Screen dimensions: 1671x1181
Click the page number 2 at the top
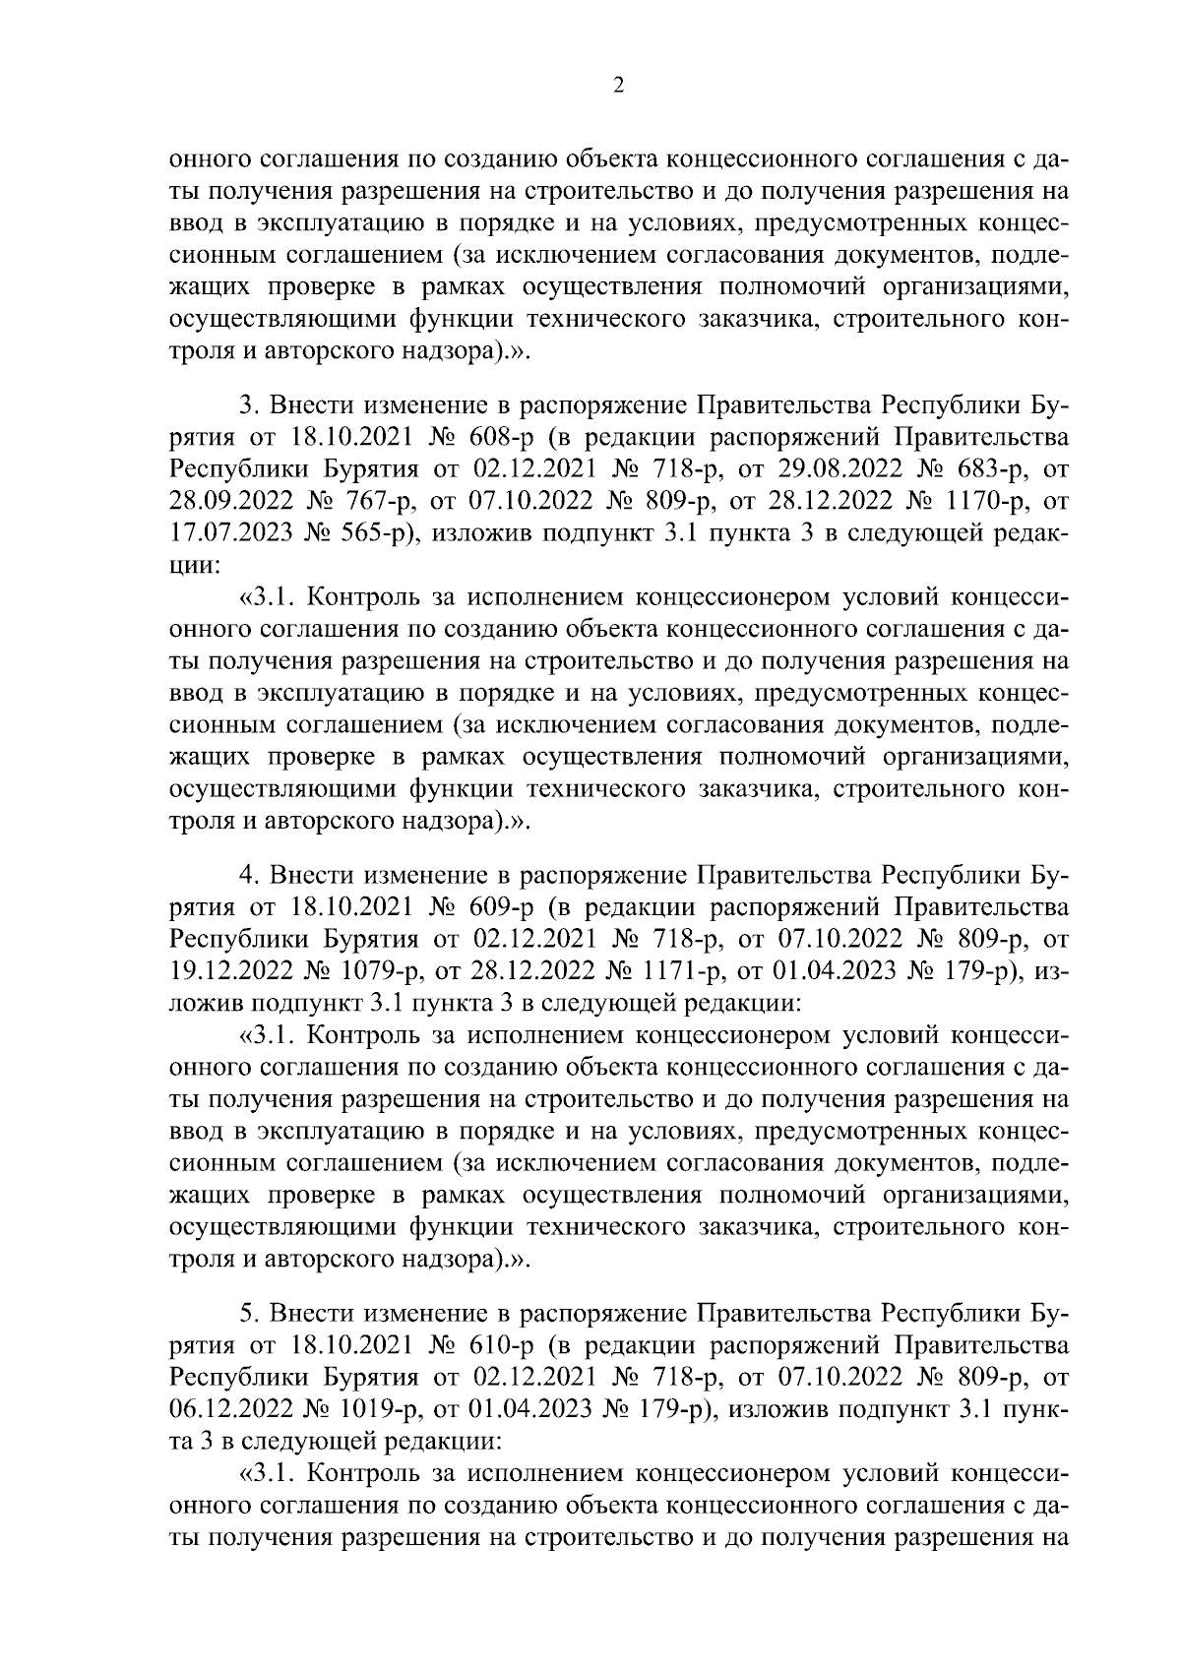[618, 86]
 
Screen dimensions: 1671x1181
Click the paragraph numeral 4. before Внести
[249, 875]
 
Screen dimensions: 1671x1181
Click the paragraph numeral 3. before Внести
[249, 404]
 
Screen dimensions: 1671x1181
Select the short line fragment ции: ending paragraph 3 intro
[190, 566]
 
